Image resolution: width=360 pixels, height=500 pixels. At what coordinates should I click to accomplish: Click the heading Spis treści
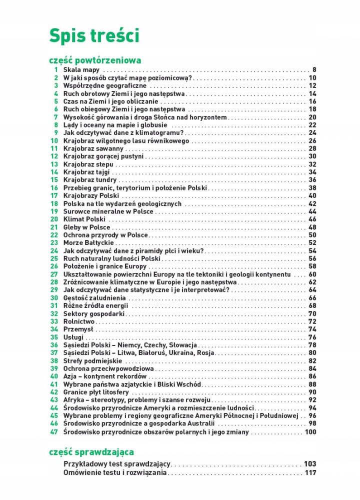93,36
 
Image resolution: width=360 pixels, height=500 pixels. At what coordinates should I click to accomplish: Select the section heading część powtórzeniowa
95,60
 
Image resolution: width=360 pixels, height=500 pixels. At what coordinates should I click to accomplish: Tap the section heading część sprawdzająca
91,452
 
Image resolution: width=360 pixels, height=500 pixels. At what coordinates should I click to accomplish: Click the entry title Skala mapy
81,70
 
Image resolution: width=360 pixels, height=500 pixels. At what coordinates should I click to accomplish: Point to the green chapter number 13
54,164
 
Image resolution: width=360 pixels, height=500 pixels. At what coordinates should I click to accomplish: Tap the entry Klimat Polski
84,219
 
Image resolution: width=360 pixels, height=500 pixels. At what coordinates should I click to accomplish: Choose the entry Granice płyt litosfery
96,392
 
